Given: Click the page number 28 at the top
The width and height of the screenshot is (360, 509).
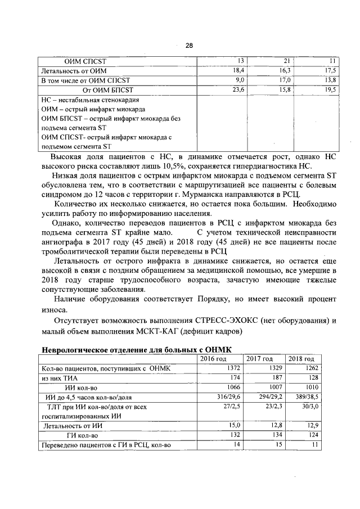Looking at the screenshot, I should pos(189,46).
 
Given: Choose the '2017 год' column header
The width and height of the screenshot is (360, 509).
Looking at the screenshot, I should pos(259,359).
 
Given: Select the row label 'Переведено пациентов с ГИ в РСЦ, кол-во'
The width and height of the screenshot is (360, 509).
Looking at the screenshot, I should pos(106,445).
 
